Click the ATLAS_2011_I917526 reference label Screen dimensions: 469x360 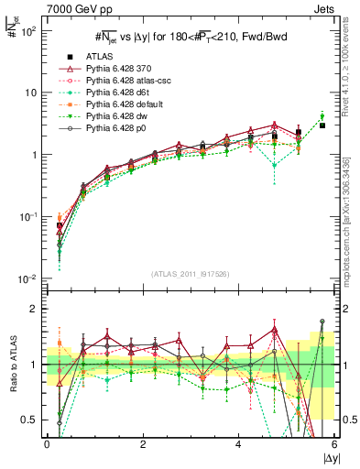click(190, 274)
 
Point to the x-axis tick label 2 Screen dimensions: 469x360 click(142, 444)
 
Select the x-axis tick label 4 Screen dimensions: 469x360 click(238, 444)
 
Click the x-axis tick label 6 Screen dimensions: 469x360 click(333, 444)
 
